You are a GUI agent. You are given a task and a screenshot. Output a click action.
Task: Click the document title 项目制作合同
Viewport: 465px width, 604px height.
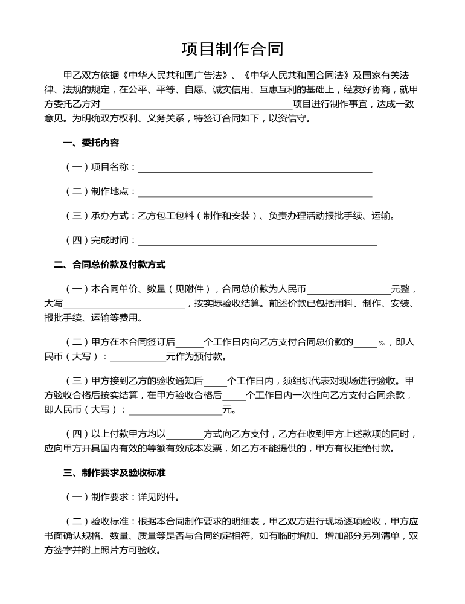click(x=232, y=49)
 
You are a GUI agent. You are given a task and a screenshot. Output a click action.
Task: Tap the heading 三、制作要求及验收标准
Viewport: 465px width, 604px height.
click(x=114, y=473)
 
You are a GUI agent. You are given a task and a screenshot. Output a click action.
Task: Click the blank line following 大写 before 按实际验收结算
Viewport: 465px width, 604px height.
click(x=124, y=304)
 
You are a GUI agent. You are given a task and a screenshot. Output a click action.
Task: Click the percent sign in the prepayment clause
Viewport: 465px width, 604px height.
click(x=382, y=343)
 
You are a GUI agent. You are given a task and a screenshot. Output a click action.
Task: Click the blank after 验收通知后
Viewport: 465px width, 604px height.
click(x=215, y=382)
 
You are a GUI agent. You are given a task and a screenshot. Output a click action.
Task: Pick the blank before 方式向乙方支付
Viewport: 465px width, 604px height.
click(x=184, y=434)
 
